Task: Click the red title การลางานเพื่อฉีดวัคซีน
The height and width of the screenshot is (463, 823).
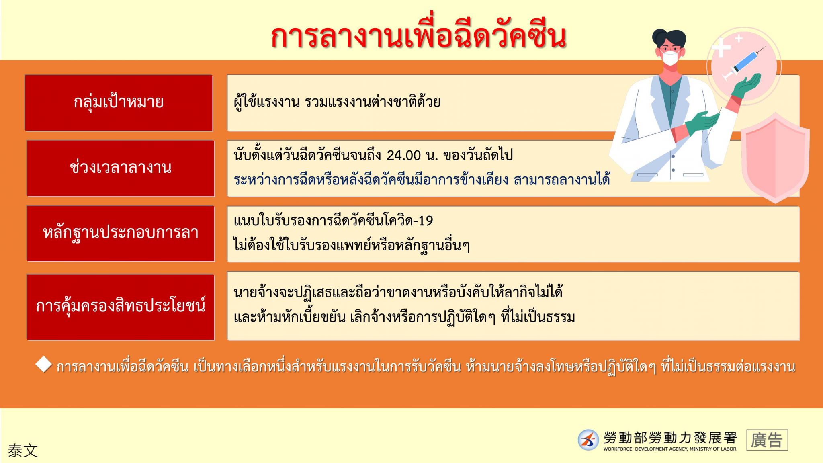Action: point(418,37)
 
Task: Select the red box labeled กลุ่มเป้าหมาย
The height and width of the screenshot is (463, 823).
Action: point(119,103)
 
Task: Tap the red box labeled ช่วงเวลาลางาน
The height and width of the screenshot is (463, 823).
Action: point(121,168)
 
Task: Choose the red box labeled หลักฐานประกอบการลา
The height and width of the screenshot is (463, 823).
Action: point(121,234)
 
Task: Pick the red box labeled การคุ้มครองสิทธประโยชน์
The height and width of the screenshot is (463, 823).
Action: point(121,307)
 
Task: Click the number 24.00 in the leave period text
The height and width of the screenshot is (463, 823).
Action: point(403,155)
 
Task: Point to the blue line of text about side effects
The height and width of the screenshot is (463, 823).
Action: point(422,179)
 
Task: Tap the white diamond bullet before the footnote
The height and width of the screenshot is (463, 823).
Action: point(43,364)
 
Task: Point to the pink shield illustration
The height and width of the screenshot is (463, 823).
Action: point(775,158)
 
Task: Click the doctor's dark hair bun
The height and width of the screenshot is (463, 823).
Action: point(658,37)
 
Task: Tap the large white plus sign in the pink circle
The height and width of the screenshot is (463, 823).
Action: point(721,47)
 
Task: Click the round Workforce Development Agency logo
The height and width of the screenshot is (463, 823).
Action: point(588,440)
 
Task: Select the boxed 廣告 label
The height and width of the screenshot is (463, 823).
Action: point(767,440)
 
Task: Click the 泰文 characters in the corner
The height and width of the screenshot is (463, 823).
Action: point(23,451)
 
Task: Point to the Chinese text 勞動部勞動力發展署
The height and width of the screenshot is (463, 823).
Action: point(670,437)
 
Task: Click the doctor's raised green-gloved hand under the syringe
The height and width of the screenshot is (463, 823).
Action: point(747,86)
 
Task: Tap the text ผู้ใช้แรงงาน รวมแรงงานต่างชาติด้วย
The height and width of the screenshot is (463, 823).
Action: point(337,102)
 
